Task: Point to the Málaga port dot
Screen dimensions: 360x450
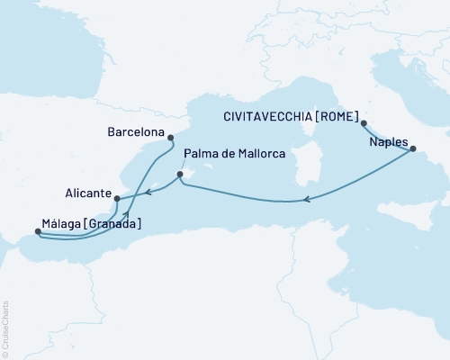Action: click(x=38, y=232)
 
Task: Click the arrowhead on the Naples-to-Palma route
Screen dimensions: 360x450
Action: click(x=308, y=200)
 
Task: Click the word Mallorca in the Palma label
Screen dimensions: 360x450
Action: click(x=261, y=155)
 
